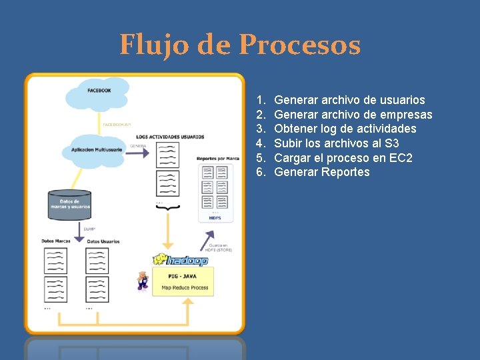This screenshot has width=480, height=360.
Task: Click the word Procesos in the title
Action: [x=299, y=45]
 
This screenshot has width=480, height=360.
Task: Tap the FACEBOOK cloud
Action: [x=99, y=94]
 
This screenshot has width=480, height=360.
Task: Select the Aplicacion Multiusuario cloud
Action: [x=96, y=149]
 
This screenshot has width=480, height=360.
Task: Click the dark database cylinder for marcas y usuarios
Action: [x=70, y=205]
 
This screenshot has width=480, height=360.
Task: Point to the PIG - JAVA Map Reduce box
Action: [x=184, y=282]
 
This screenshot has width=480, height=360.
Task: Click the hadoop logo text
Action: [x=180, y=260]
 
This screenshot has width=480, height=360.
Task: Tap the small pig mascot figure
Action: [x=141, y=280]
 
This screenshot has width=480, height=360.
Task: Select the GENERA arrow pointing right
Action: [x=139, y=153]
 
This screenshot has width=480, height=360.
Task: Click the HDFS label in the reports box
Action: [x=214, y=217]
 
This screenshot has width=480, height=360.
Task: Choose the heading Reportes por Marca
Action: [x=218, y=159]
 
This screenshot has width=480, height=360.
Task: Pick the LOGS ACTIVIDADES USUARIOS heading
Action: [x=170, y=136]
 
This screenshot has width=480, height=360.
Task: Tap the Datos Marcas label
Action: [x=56, y=241]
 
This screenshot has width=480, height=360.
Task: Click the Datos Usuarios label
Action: [x=103, y=241]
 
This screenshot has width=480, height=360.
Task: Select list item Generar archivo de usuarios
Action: [x=349, y=100]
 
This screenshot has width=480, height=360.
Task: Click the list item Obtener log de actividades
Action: [x=345, y=129]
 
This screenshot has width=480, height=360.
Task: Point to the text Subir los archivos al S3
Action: [x=337, y=143]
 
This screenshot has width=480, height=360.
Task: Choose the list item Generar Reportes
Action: [x=321, y=172]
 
